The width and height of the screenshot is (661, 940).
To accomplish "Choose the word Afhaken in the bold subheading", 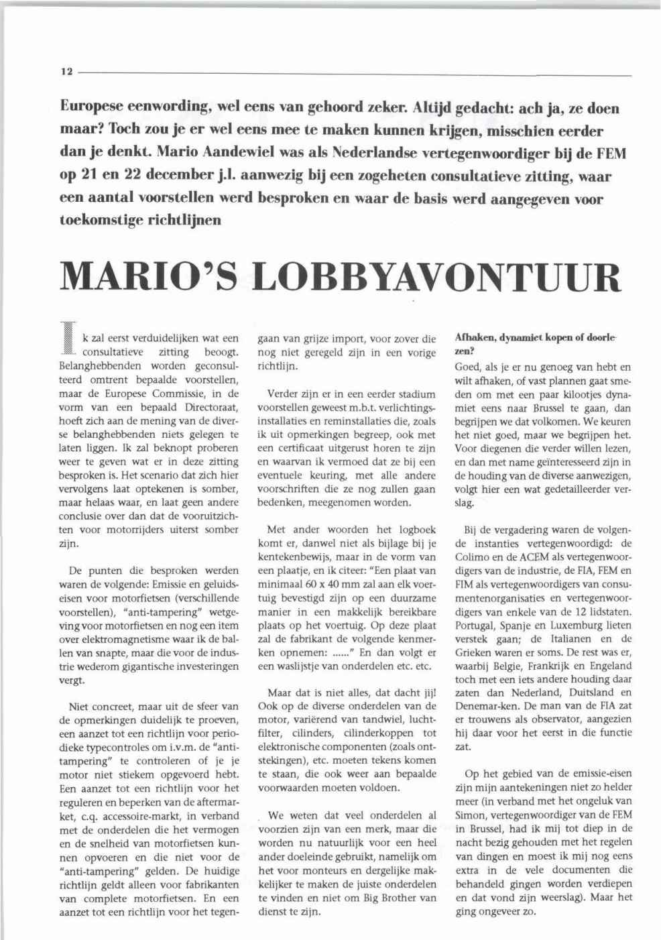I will [473, 337].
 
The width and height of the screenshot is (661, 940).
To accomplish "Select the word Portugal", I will [477, 625].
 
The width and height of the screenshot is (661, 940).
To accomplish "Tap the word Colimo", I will [472, 556].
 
